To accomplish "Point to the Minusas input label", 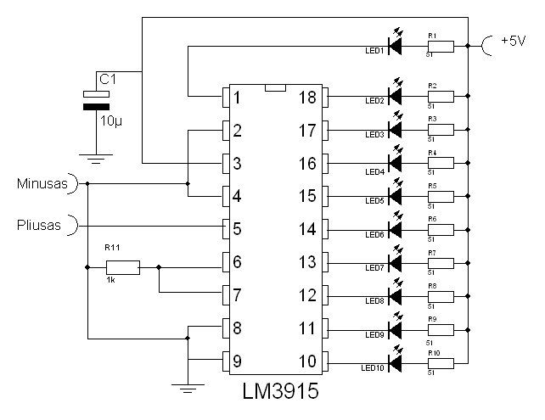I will point(42,182).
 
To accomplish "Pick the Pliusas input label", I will point(40,225).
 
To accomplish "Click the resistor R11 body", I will point(123,268).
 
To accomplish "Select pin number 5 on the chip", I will point(239,229).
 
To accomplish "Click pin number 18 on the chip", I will point(307,98).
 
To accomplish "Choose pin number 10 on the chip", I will point(307,361).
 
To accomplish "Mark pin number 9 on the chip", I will point(239,361).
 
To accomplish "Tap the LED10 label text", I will point(374,369).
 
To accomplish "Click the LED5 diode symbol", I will point(394,193).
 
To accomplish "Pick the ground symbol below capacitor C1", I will point(96,155).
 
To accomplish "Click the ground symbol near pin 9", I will point(187,387).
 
